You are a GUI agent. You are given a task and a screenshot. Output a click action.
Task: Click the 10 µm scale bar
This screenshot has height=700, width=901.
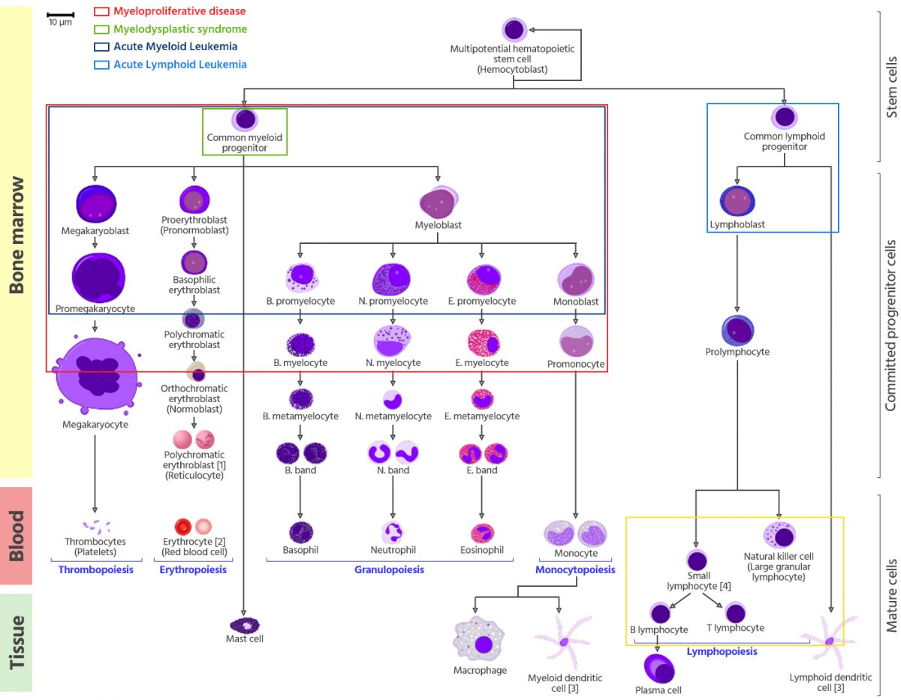(60, 14)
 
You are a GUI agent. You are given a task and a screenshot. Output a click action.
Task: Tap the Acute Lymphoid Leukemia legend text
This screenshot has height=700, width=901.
(179, 65)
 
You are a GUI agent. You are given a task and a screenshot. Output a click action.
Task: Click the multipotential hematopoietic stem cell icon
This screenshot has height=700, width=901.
(514, 30)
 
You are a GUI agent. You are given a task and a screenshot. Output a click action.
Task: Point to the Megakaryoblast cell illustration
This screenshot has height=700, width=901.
(96, 205)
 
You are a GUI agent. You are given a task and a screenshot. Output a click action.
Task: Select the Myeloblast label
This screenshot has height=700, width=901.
(438, 225)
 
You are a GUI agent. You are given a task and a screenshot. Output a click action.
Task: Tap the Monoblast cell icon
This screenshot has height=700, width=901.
(576, 280)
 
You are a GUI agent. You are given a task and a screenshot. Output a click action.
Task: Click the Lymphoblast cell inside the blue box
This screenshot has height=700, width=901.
(737, 201)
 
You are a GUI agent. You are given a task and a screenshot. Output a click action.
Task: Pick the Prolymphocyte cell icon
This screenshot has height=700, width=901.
(737, 331)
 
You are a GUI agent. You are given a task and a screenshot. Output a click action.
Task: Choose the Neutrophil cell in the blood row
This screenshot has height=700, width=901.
(393, 533)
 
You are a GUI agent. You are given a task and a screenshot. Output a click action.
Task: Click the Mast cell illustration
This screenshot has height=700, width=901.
(245, 623)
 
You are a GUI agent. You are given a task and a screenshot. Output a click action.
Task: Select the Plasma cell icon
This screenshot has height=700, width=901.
(658, 667)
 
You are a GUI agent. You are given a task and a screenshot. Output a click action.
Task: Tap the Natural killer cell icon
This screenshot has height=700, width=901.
(779, 536)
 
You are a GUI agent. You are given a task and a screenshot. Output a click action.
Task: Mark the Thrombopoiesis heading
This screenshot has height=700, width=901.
(95, 570)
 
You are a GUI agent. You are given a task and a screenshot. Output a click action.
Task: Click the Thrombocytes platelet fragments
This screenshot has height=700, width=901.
(95, 525)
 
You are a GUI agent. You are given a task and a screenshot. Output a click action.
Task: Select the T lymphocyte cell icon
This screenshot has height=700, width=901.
(736, 612)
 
